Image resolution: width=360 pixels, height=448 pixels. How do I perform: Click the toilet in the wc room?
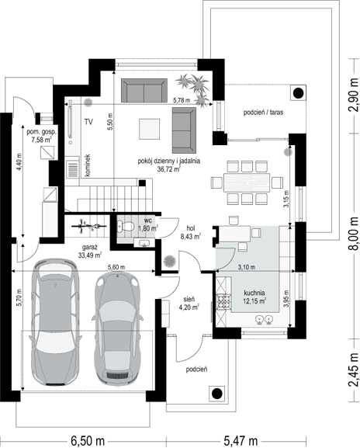point(125,226)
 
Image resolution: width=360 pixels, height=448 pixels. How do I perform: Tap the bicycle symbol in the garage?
point(89,226)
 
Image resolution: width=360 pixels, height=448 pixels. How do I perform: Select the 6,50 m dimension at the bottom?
point(88,441)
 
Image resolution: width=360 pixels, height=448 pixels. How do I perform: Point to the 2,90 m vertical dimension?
point(355,94)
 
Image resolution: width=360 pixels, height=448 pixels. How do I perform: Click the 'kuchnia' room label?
point(254,293)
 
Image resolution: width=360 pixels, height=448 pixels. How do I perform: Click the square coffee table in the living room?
point(149,129)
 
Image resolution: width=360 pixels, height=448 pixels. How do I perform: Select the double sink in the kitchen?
point(264,319)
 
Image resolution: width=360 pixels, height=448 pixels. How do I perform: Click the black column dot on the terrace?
point(299,92)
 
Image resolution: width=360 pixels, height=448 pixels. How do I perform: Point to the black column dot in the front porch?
point(217,394)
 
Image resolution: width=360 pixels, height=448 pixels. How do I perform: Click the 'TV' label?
point(88,122)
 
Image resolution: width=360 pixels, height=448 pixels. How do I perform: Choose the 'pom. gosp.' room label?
point(42,132)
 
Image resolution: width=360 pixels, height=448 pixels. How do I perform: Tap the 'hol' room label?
point(191,228)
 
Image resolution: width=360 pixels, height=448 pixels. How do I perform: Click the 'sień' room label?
point(189,300)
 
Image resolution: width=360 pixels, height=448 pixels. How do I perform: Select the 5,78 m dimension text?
point(182,100)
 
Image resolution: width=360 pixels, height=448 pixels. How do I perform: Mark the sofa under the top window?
point(144,90)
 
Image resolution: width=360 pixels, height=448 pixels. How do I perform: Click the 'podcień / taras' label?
point(263,113)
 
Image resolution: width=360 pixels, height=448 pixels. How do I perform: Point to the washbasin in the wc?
point(144,243)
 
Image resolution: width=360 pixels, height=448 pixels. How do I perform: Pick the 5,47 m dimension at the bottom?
point(241,441)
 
